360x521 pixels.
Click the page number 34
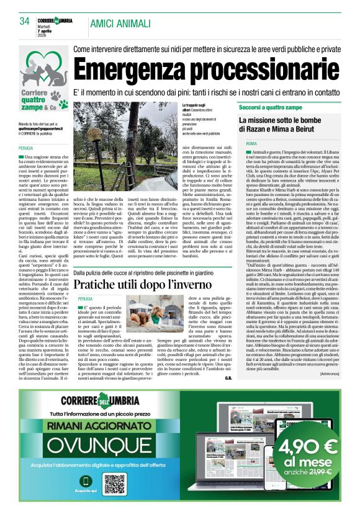[x=24, y=21]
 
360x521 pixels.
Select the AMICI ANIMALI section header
[x=120, y=23]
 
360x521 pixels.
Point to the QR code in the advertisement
[x=114, y=484]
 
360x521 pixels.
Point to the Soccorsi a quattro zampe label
[x=271, y=108]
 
